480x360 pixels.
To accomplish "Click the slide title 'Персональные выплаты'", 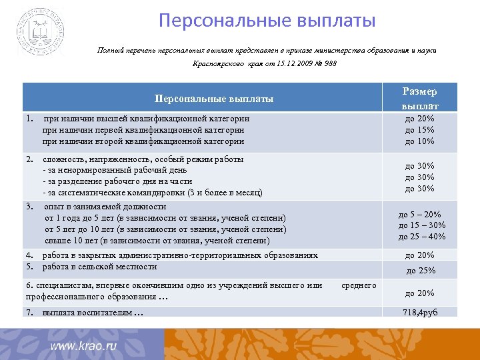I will (x=267, y=21).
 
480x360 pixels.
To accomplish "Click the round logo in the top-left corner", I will (x=41, y=32).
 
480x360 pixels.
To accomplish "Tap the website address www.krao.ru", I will (x=83, y=346).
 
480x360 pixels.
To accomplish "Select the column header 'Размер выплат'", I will (x=419, y=99).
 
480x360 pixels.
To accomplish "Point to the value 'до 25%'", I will (x=420, y=270).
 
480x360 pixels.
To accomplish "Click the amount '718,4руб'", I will (x=420, y=313).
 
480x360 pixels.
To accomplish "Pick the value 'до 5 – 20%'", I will (x=420, y=214).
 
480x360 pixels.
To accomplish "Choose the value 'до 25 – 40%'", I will (x=421, y=236).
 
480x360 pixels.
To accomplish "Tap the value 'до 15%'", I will (x=419, y=129).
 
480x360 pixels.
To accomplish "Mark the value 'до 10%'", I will (x=419, y=141).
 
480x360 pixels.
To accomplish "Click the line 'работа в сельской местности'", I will (x=99, y=266).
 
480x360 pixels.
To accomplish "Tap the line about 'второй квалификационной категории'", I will (x=143, y=141).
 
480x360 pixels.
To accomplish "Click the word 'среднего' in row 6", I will (x=359, y=285).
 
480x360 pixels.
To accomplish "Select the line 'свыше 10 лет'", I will (x=157, y=240).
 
